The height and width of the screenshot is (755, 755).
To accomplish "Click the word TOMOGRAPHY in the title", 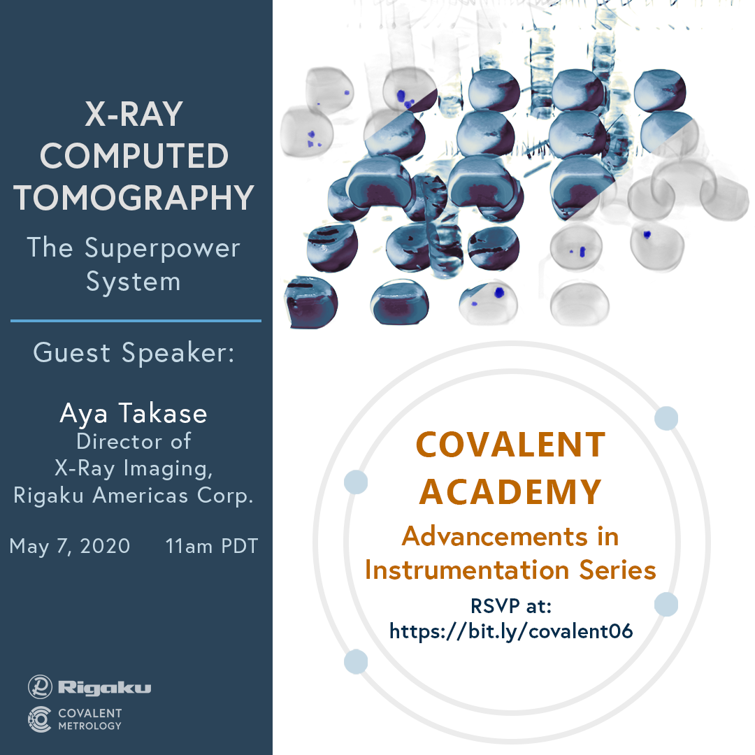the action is (134, 198).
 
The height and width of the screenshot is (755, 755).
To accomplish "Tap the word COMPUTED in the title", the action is (134, 156).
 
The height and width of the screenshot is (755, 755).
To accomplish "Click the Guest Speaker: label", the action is (134, 352).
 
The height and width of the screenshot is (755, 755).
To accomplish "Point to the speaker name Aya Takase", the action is (134, 414).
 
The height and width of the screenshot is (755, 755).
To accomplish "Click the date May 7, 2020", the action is (70, 547).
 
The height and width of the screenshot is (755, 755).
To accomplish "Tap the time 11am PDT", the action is (212, 547).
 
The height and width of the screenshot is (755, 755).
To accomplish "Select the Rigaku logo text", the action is (104, 688).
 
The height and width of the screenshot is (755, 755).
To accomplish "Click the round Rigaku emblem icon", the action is (40, 686).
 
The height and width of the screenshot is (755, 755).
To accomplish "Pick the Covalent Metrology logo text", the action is (90, 719).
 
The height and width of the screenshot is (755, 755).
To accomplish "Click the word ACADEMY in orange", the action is (510, 492).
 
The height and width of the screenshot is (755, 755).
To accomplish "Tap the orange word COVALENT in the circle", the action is (510, 445).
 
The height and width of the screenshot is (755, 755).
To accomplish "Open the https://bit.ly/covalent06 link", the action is (511, 631).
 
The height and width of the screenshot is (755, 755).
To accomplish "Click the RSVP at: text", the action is (511, 605).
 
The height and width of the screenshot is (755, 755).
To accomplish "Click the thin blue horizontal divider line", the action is (136, 321).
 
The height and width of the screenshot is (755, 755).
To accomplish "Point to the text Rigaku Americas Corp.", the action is (134, 496).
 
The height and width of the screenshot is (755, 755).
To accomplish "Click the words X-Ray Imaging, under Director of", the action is (134, 468).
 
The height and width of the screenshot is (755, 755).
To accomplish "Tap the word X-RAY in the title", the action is (134, 114).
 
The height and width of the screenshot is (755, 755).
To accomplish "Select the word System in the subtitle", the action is (134, 282).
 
